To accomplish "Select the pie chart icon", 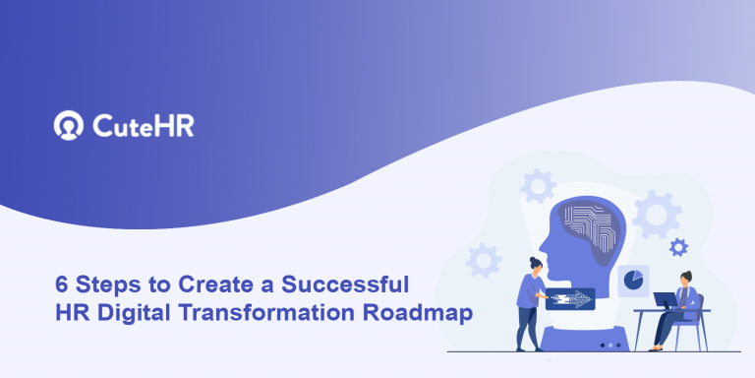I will (633, 280).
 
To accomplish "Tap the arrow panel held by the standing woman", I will (571, 297).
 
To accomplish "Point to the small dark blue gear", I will (678, 247).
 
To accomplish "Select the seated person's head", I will (684, 278).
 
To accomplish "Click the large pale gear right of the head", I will (657, 214).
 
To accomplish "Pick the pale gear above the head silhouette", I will (538, 184).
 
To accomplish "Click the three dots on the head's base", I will (610, 345).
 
